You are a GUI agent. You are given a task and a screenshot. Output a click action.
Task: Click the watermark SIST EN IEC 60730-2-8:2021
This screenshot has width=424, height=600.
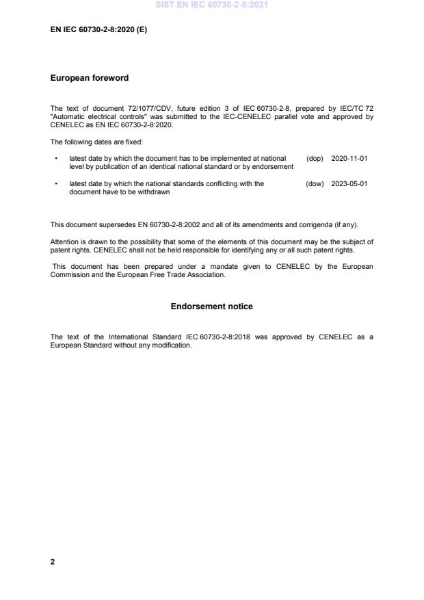pos(211,5)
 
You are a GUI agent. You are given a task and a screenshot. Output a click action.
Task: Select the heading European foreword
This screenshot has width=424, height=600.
pos(89,78)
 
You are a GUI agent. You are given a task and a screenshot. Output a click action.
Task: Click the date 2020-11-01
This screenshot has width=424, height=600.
pos(349,158)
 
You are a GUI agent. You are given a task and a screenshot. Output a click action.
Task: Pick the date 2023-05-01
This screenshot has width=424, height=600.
pos(349,183)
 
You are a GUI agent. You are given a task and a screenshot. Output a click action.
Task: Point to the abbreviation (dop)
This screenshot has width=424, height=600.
pos(315,158)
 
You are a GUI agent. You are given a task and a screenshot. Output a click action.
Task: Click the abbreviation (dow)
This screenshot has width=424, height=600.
pos(315,183)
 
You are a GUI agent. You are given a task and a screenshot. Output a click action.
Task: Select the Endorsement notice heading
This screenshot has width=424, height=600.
pos(211,306)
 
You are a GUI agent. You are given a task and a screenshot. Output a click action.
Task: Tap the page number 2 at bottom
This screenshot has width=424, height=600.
pos(53,561)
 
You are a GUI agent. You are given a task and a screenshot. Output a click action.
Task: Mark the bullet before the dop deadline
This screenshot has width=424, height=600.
pos(55,158)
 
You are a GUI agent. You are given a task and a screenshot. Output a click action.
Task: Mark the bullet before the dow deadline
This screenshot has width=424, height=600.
pos(55,183)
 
